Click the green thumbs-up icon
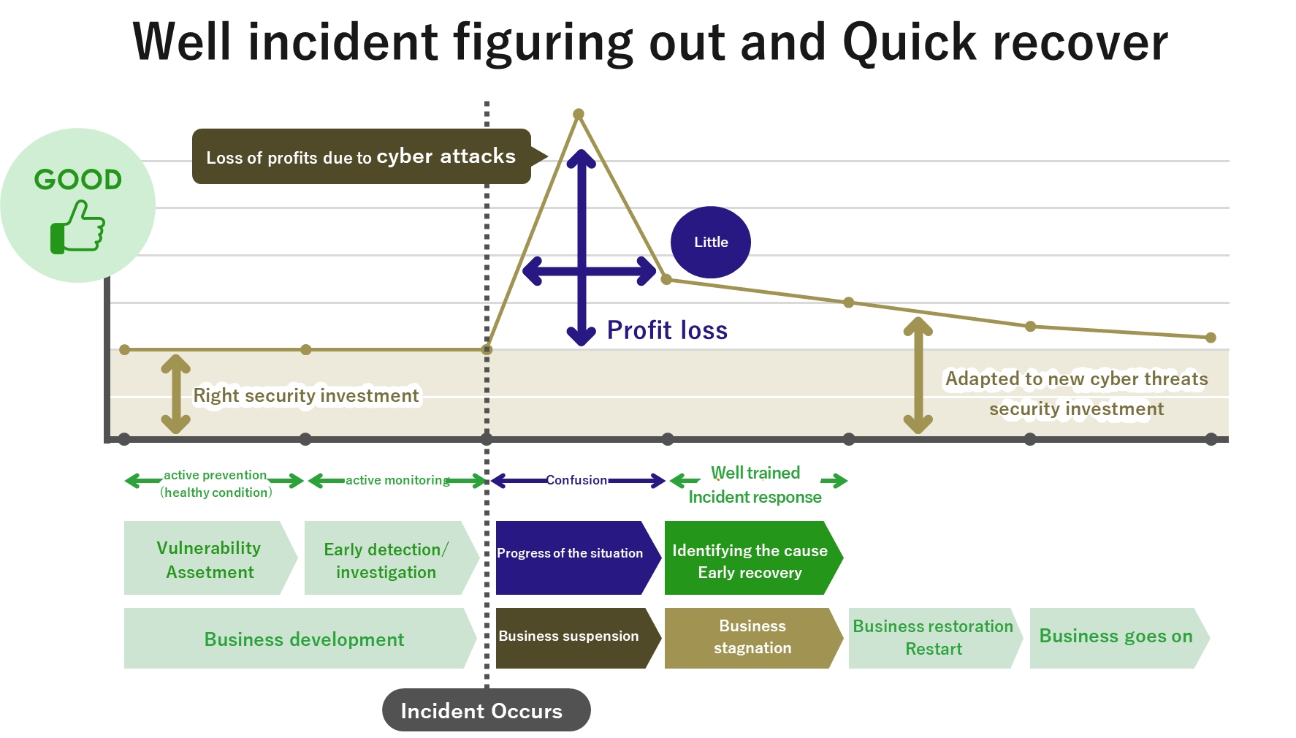[77, 227]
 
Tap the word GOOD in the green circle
[78, 180]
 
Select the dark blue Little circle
[711, 242]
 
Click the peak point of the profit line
[579, 114]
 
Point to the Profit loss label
[667, 330]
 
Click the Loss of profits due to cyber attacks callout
[361, 156]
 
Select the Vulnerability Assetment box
[210, 559]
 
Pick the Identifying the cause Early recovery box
[751, 560]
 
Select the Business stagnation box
[752, 637]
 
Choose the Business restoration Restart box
[933, 637]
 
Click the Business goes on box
[1116, 636]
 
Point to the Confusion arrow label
[576, 480]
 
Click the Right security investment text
[306, 395]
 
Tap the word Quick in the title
[909, 42]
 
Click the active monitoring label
[397, 480]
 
